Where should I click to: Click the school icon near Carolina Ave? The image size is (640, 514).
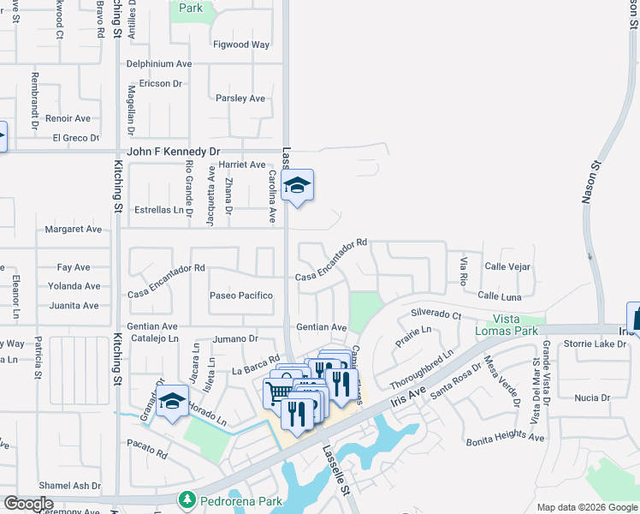pyautogui.click(x=297, y=186)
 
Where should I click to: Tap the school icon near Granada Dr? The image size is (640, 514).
pyautogui.click(x=172, y=402)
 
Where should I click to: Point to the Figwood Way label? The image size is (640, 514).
pyautogui.click(x=241, y=45)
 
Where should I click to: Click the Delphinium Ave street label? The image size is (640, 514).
pyautogui.click(x=159, y=64)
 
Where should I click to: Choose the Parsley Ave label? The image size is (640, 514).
pyautogui.click(x=240, y=99)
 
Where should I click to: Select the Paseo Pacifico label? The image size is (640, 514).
pyautogui.click(x=241, y=296)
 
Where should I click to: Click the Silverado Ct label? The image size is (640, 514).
pyautogui.click(x=436, y=314)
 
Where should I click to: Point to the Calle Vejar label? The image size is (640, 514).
pyautogui.click(x=507, y=267)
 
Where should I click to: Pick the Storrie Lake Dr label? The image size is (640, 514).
pyautogui.click(x=595, y=344)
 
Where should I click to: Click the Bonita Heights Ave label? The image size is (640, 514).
pyautogui.click(x=505, y=439)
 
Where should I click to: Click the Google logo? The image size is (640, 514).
pyautogui.click(x=28, y=504)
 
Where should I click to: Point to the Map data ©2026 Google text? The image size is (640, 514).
pyautogui.click(x=586, y=507)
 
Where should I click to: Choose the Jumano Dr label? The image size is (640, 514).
pyautogui.click(x=235, y=339)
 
